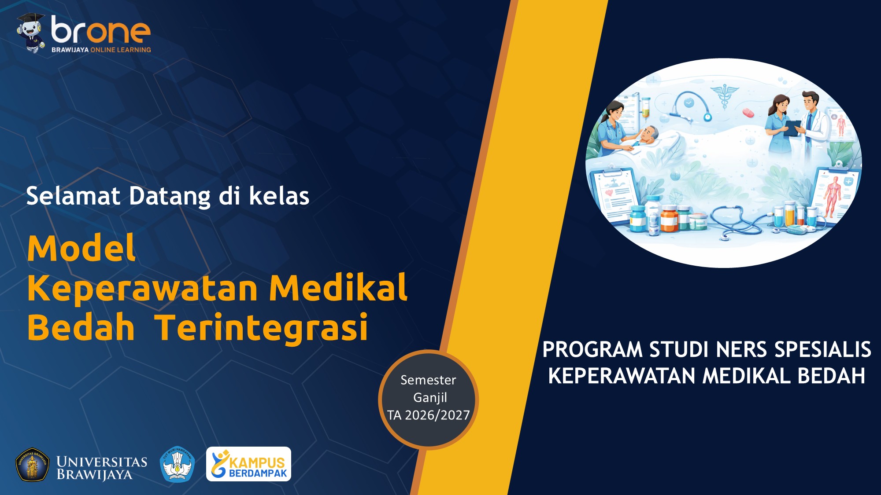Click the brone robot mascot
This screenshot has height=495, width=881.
pyautogui.click(x=30, y=33)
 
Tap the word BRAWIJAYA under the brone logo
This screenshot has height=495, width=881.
pyautogui.click(x=70, y=50)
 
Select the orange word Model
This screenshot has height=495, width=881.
pyautogui.click(x=81, y=249)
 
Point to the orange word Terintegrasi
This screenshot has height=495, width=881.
pyautogui.click(x=262, y=328)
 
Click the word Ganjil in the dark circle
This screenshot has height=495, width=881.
pyautogui.click(x=430, y=398)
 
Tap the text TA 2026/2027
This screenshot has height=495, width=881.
pyautogui.click(x=429, y=415)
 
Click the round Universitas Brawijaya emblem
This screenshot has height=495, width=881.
pyautogui.click(x=32, y=465)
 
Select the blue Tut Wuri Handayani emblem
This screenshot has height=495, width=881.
pyautogui.click(x=177, y=464)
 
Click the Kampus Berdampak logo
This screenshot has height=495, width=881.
pyautogui.click(x=248, y=464)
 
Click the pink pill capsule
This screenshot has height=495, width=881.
pyautogui.click(x=748, y=113)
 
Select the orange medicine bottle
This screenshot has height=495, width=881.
pyautogui.click(x=669, y=220)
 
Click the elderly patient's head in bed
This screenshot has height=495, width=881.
pyautogui.click(x=649, y=133)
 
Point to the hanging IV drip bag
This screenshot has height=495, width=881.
pyautogui.click(x=645, y=108)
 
